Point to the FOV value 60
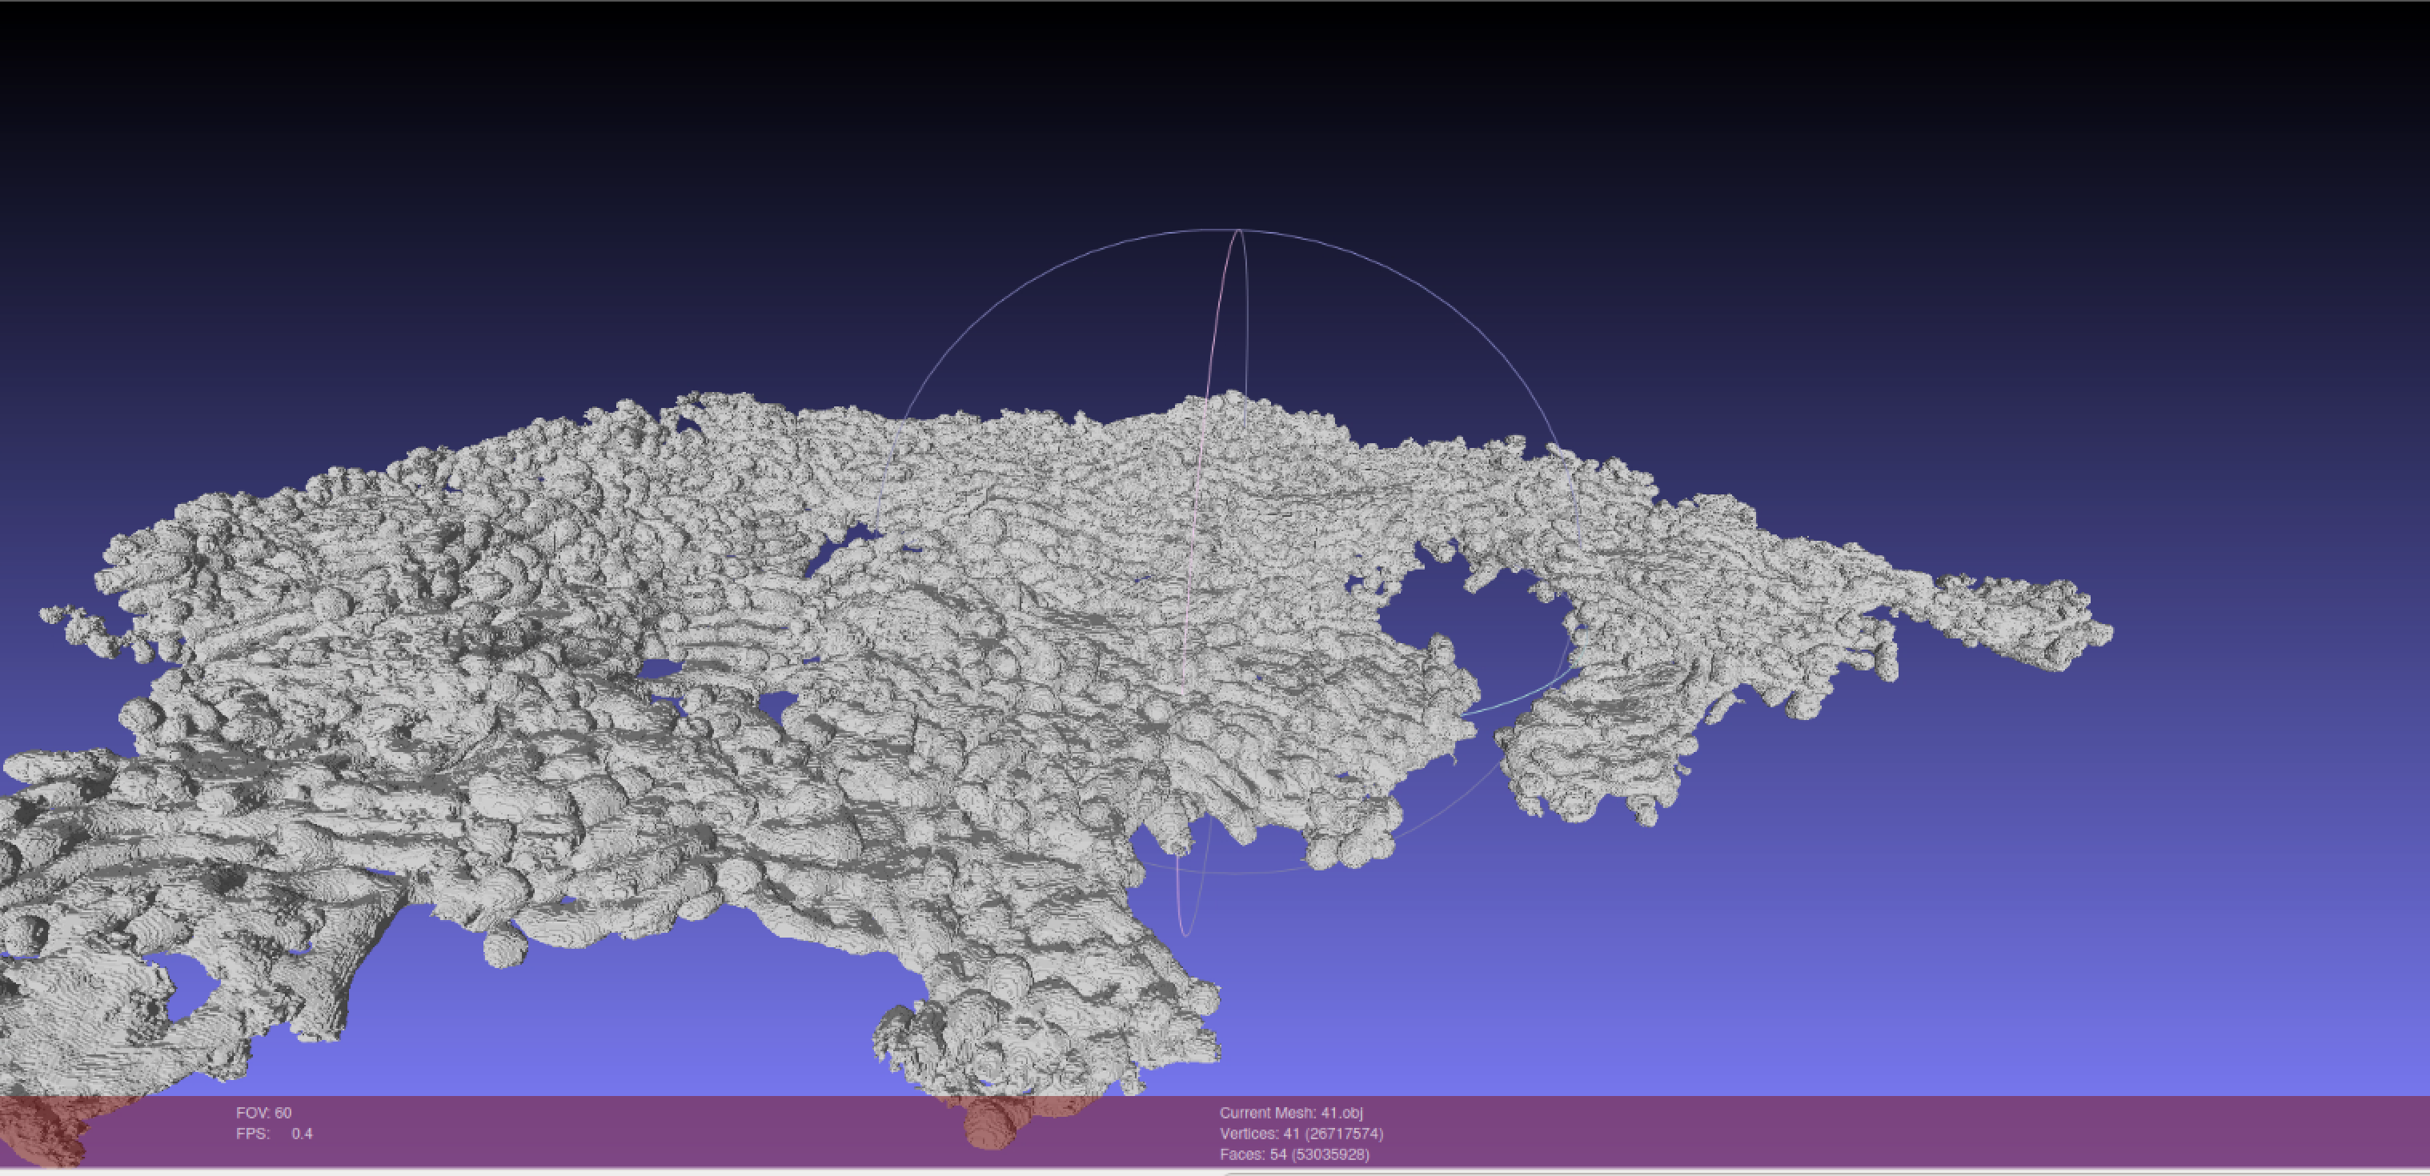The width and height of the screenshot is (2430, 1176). point(283,1113)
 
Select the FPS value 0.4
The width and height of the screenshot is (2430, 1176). point(302,1134)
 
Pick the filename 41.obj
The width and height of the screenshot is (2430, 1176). point(1341,1113)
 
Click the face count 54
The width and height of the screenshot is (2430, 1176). point(1278,1154)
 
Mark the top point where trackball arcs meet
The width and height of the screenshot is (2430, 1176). point(1238,230)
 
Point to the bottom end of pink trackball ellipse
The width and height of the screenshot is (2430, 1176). point(1185,934)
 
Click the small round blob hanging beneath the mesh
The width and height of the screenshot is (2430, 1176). point(506,946)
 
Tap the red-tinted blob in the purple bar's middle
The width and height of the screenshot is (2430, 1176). point(991,1122)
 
